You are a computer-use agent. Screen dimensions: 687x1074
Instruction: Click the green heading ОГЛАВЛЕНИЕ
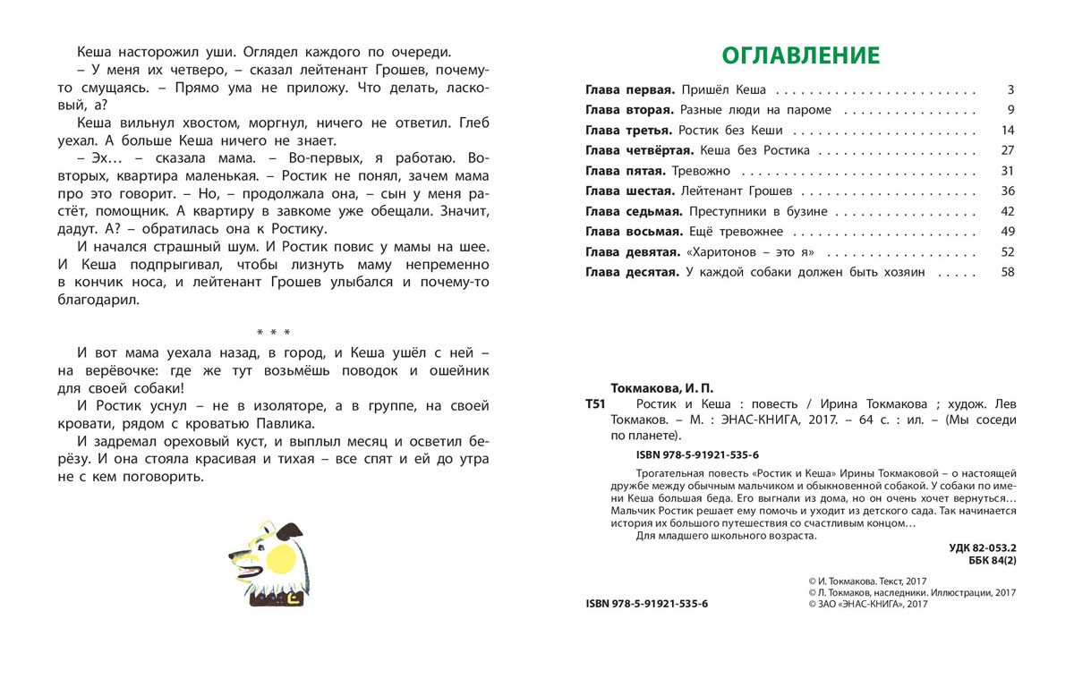[x=801, y=55]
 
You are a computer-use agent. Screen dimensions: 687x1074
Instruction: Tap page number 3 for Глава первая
[x=1010, y=90]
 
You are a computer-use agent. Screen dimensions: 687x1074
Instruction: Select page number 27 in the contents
[x=1007, y=150]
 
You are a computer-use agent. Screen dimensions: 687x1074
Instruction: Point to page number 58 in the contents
[x=1007, y=272]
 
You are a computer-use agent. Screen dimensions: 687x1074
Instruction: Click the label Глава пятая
[x=625, y=171]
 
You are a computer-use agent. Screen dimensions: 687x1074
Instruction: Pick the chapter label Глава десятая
[x=632, y=272]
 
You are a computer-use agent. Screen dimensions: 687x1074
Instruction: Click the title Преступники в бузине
[x=759, y=212]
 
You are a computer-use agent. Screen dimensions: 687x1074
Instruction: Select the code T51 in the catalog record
[x=595, y=404]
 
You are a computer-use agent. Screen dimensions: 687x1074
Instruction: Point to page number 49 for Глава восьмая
[x=1007, y=232]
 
